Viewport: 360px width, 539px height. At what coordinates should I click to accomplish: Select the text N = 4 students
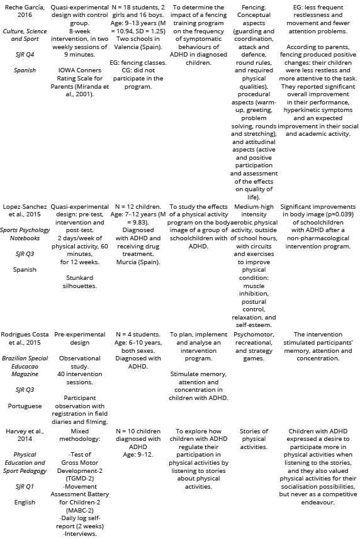(x=138, y=335)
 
